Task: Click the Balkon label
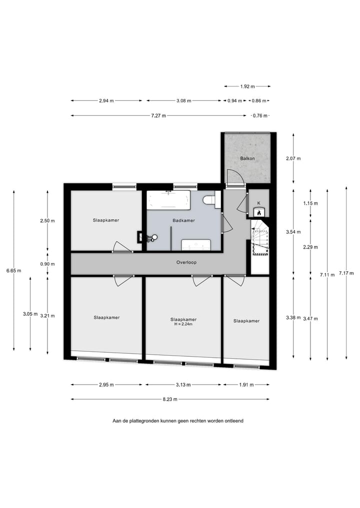point(247,158)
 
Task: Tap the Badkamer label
point(183,220)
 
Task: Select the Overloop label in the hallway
point(185,262)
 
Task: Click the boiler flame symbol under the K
point(258,212)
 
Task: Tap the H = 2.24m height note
point(183,324)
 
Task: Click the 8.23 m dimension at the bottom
point(170,399)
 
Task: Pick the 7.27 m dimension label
point(158,115)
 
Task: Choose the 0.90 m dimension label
point(47,264)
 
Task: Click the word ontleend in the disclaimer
point(232,421)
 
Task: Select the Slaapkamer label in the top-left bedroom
point(105,220)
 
